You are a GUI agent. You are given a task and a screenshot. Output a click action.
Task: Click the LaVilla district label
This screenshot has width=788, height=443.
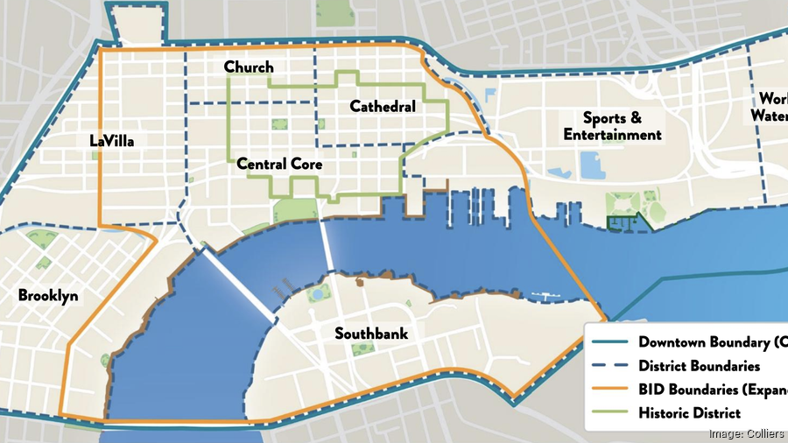pos(111,140)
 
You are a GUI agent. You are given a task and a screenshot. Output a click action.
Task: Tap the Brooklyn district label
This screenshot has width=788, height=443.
pos(48,296)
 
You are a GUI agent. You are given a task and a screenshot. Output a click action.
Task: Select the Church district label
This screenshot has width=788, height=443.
pos(249,67)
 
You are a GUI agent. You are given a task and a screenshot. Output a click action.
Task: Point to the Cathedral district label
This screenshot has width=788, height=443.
pos(383,107)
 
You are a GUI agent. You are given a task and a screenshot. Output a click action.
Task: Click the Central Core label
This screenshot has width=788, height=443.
pos(279,164)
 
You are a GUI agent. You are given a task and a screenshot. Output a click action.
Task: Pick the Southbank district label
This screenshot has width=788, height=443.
pos(371,334)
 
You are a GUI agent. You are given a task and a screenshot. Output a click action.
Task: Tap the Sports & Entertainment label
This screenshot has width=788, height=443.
pos(612,126)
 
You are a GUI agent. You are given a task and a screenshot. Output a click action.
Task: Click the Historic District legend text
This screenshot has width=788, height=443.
pos(690,413)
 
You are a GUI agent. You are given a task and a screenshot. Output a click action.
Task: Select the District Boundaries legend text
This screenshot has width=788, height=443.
pos(699,366)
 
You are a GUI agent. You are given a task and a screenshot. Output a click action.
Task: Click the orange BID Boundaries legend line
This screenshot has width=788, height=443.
pos(609,390)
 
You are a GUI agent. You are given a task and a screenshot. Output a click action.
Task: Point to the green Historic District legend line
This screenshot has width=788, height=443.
pos(609,413)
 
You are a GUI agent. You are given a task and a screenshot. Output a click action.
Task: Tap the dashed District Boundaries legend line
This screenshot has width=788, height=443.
pos(609,366)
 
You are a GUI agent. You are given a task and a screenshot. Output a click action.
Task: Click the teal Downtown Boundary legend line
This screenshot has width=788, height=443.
pos(609,342)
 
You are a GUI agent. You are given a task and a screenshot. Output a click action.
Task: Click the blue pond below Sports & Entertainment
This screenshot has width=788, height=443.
pos(590,165)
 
